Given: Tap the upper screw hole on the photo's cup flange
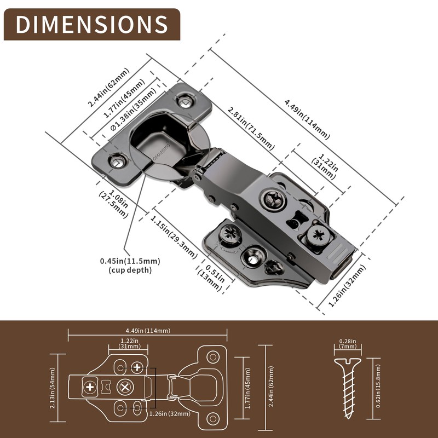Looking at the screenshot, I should (185, 101).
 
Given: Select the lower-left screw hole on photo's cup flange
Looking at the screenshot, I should (116, 161).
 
